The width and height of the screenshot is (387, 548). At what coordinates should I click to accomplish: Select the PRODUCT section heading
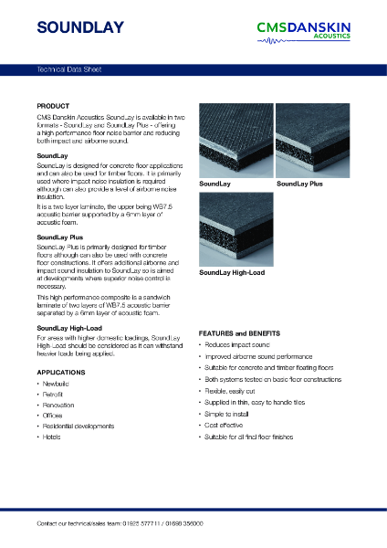tap(54, 106)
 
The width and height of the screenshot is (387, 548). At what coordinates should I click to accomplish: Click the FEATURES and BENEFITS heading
tap(239, 333)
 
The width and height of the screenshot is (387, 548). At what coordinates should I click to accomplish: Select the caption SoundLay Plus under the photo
tap(299, 184)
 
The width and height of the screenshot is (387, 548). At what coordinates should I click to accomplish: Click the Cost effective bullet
tap(226, 426)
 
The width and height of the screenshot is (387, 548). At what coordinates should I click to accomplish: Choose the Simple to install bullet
tap(228, 414)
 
